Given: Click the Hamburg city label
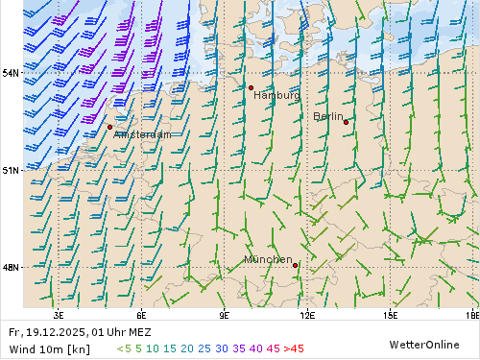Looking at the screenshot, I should coord(276,95).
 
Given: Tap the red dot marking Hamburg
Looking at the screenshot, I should coord(251,87).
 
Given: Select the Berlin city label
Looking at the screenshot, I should coord(328,116).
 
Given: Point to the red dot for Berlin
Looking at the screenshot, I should coord(346,122).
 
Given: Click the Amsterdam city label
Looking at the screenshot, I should coord(142,134).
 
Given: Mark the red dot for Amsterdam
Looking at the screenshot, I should coord(110,127).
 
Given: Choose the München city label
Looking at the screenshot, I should coord(268,259).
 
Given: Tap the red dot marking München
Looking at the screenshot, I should coord(295,265).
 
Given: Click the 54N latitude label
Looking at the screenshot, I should coord(11,73).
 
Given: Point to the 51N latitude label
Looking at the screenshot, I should coord(11,170).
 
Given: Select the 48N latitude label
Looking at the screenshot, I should coord(11,267).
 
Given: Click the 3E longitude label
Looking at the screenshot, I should coord(59,314).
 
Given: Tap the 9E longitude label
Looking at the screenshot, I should coord(225,314).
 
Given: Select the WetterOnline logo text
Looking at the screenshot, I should coord(423,344).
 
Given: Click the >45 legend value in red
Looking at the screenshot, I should coord(294,348).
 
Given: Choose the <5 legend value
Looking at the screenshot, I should coord(124,348).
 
